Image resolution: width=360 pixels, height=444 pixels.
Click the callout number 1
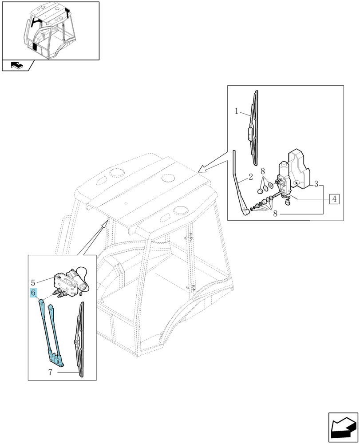[236, 111]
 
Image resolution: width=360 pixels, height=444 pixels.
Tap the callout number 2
[250, 177]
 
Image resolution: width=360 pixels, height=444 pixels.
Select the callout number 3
[316, 184]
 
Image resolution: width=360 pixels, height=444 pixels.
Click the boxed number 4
[334, 199]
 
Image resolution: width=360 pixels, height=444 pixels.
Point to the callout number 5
[33, 282]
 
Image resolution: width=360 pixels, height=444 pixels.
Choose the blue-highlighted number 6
[33, 293]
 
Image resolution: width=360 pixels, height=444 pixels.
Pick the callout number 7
[50, 372]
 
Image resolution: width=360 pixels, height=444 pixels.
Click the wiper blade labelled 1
[253, 127]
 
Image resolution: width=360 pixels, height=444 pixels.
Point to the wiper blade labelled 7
[80, 340]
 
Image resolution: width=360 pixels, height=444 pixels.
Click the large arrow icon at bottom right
[343, 427]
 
